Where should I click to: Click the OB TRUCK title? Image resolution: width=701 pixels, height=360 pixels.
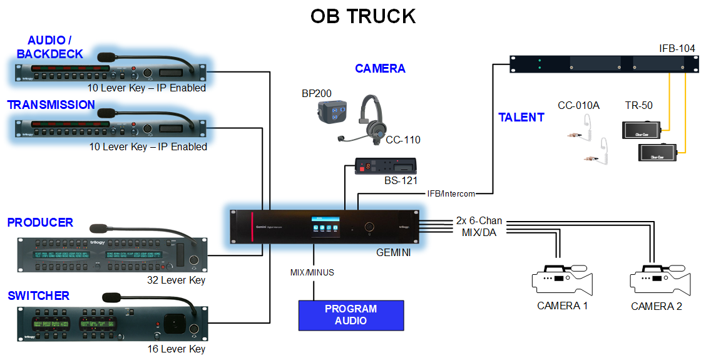(362, 16)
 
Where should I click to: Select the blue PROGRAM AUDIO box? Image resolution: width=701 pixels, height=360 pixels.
(350, 315)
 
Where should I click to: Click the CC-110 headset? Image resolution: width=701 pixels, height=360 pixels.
(371, 119)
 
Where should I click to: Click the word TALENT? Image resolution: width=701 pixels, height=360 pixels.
(521, 117)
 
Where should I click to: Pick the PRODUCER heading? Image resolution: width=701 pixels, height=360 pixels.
(40, 222)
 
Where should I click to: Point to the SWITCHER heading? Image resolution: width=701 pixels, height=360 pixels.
(38, 296)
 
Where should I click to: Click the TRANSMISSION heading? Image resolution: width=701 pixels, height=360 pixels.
(51, 105)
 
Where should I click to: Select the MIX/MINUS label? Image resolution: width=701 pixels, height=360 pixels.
(312, 272)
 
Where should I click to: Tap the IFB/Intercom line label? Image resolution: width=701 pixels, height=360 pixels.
(451, 193)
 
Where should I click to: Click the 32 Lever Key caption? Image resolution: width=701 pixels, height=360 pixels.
(176, 280)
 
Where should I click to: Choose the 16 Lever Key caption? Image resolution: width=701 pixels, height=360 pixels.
(176, 349)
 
